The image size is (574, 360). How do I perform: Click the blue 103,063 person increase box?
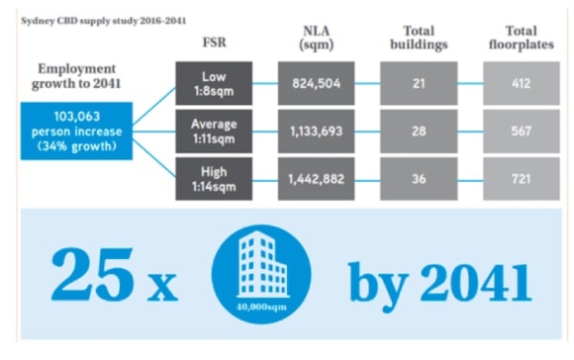pos(76,131)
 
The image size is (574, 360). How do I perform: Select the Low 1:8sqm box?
pos(214,83)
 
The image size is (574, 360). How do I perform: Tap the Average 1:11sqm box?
pos(214,132)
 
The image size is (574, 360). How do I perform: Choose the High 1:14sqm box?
pos(214,179)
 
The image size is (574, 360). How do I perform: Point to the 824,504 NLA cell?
pos(317,83)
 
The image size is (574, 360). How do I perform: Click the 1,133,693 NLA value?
pos(317,132)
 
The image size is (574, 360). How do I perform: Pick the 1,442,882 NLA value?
pos(317,179)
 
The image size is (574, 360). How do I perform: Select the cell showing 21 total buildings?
pos(419,83)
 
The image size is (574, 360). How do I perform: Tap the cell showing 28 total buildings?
pos(419,132)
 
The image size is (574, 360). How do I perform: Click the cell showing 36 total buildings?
pos(419,179)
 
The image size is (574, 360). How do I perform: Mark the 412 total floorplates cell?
pos(522,83)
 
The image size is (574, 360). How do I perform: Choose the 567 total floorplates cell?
pos(522,132)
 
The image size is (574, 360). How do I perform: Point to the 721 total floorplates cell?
pos(522,179)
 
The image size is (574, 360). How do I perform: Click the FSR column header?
pos(215,43)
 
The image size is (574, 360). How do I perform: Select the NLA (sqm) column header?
pos(317,38)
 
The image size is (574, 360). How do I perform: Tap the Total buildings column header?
pos(419,38)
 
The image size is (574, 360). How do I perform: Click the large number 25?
pos(91,274)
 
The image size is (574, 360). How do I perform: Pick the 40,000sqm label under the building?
pos(261,307)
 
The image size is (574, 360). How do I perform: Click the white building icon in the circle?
pos(262,264)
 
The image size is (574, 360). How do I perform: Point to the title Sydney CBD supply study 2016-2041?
pos(104,21)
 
